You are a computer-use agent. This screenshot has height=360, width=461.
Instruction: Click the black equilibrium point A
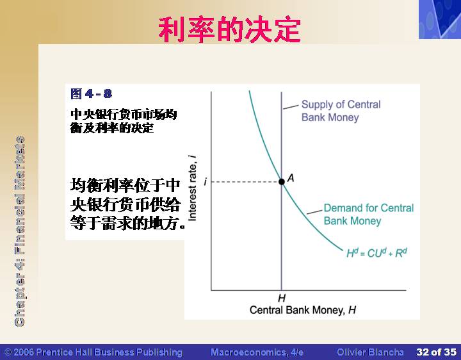[281, 181]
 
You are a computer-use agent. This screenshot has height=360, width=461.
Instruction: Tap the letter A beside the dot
[291, 178]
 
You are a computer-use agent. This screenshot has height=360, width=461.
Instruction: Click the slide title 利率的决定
[229, 29]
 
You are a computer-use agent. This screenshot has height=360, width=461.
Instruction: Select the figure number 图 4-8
[91, 94]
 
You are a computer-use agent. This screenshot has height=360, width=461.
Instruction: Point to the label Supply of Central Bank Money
[341, 111]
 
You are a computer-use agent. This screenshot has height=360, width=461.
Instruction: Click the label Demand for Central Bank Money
[369, 215]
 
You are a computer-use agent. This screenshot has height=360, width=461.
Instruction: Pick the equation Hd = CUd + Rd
[376, 253]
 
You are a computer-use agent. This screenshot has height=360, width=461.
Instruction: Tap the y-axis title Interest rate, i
[192, 188]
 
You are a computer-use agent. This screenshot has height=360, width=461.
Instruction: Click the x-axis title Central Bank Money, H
[303, 310]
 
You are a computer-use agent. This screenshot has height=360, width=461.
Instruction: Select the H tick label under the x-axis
[282, 299]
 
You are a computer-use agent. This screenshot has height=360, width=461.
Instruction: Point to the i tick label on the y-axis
[206, 182]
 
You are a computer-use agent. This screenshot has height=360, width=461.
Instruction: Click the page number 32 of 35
[436, 352]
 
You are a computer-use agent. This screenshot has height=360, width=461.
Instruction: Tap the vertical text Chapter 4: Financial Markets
[20, 231]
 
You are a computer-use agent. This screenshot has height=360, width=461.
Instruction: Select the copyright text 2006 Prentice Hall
[93, 352]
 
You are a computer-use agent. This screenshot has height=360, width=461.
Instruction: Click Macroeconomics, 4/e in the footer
[257, 352]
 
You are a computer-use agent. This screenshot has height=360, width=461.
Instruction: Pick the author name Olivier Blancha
[370, 352]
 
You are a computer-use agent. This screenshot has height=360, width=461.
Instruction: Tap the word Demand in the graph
[343, 208]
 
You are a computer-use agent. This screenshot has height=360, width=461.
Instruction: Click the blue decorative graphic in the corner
[440, 19]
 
